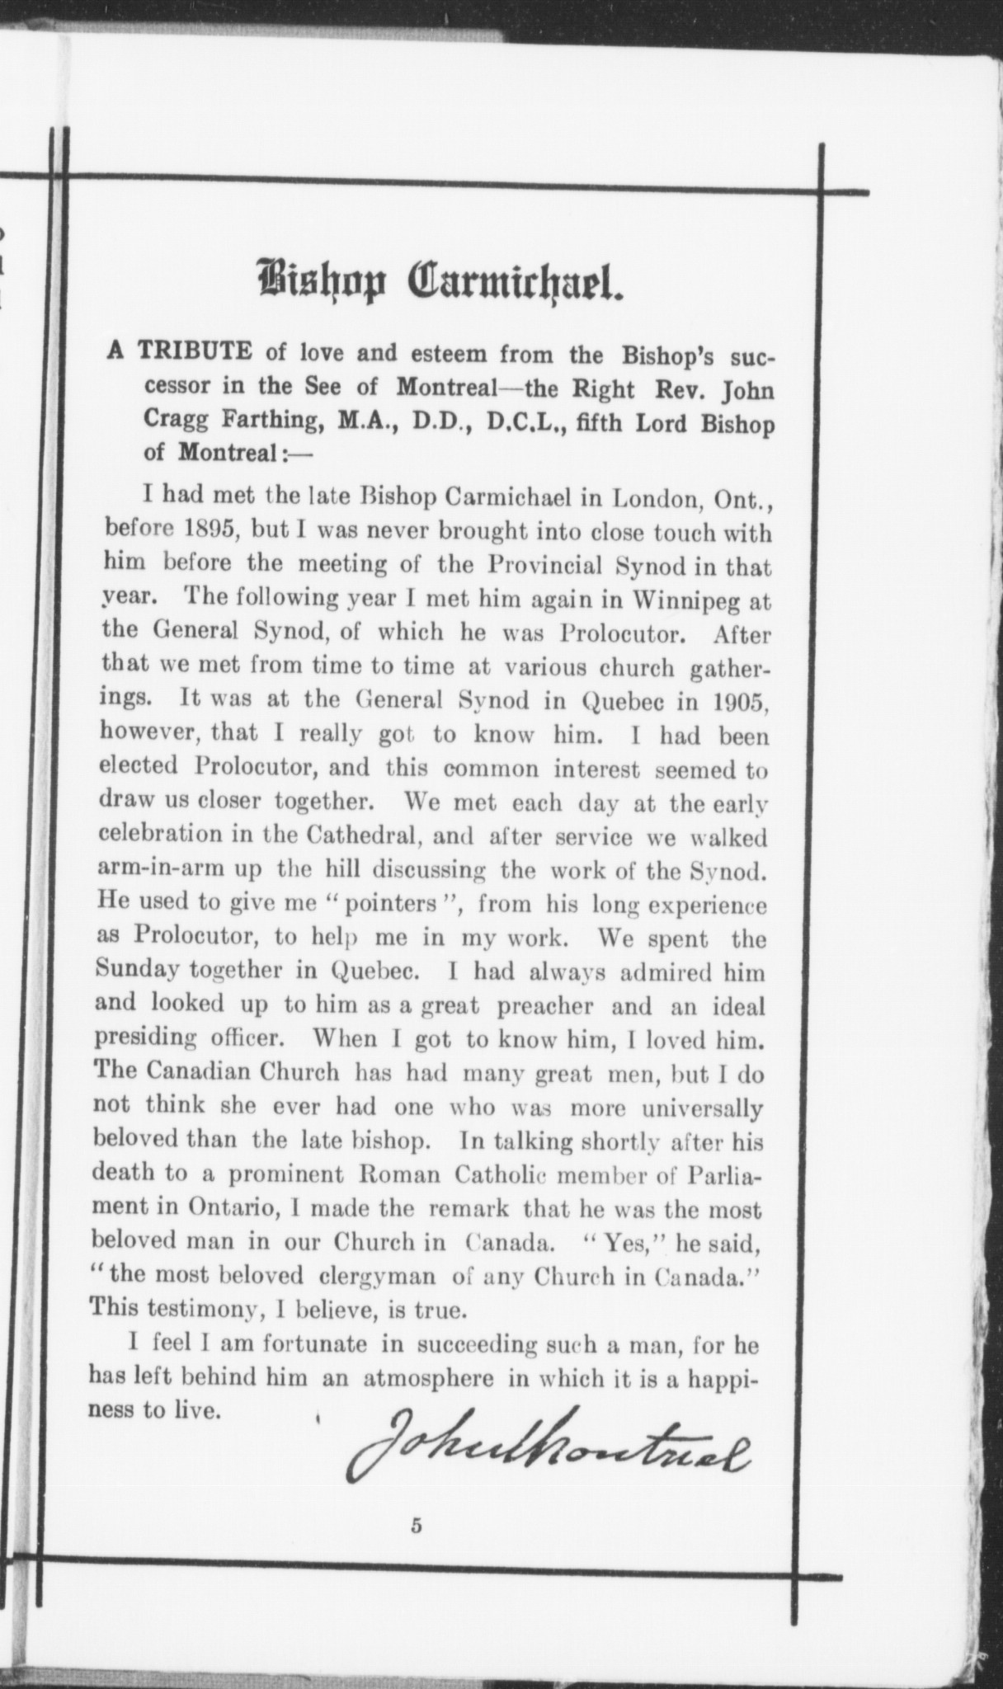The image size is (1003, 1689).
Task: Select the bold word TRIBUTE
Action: tap(195, 351)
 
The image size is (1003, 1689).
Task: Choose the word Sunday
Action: tap(138, 970)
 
